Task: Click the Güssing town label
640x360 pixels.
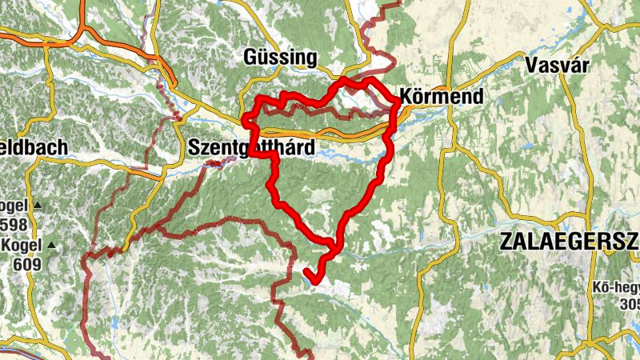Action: click(279, 58)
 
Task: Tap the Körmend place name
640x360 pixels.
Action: click(443, 98)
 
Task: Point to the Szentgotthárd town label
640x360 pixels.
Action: click(250, 148)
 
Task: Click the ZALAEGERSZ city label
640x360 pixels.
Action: click(569, 242)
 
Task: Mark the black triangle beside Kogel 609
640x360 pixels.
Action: click(52, 244)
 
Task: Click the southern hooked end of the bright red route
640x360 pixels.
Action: click(315, 280)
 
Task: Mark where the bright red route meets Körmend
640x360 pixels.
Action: click(398, 102)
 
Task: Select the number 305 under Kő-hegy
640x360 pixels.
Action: click(630, 303)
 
